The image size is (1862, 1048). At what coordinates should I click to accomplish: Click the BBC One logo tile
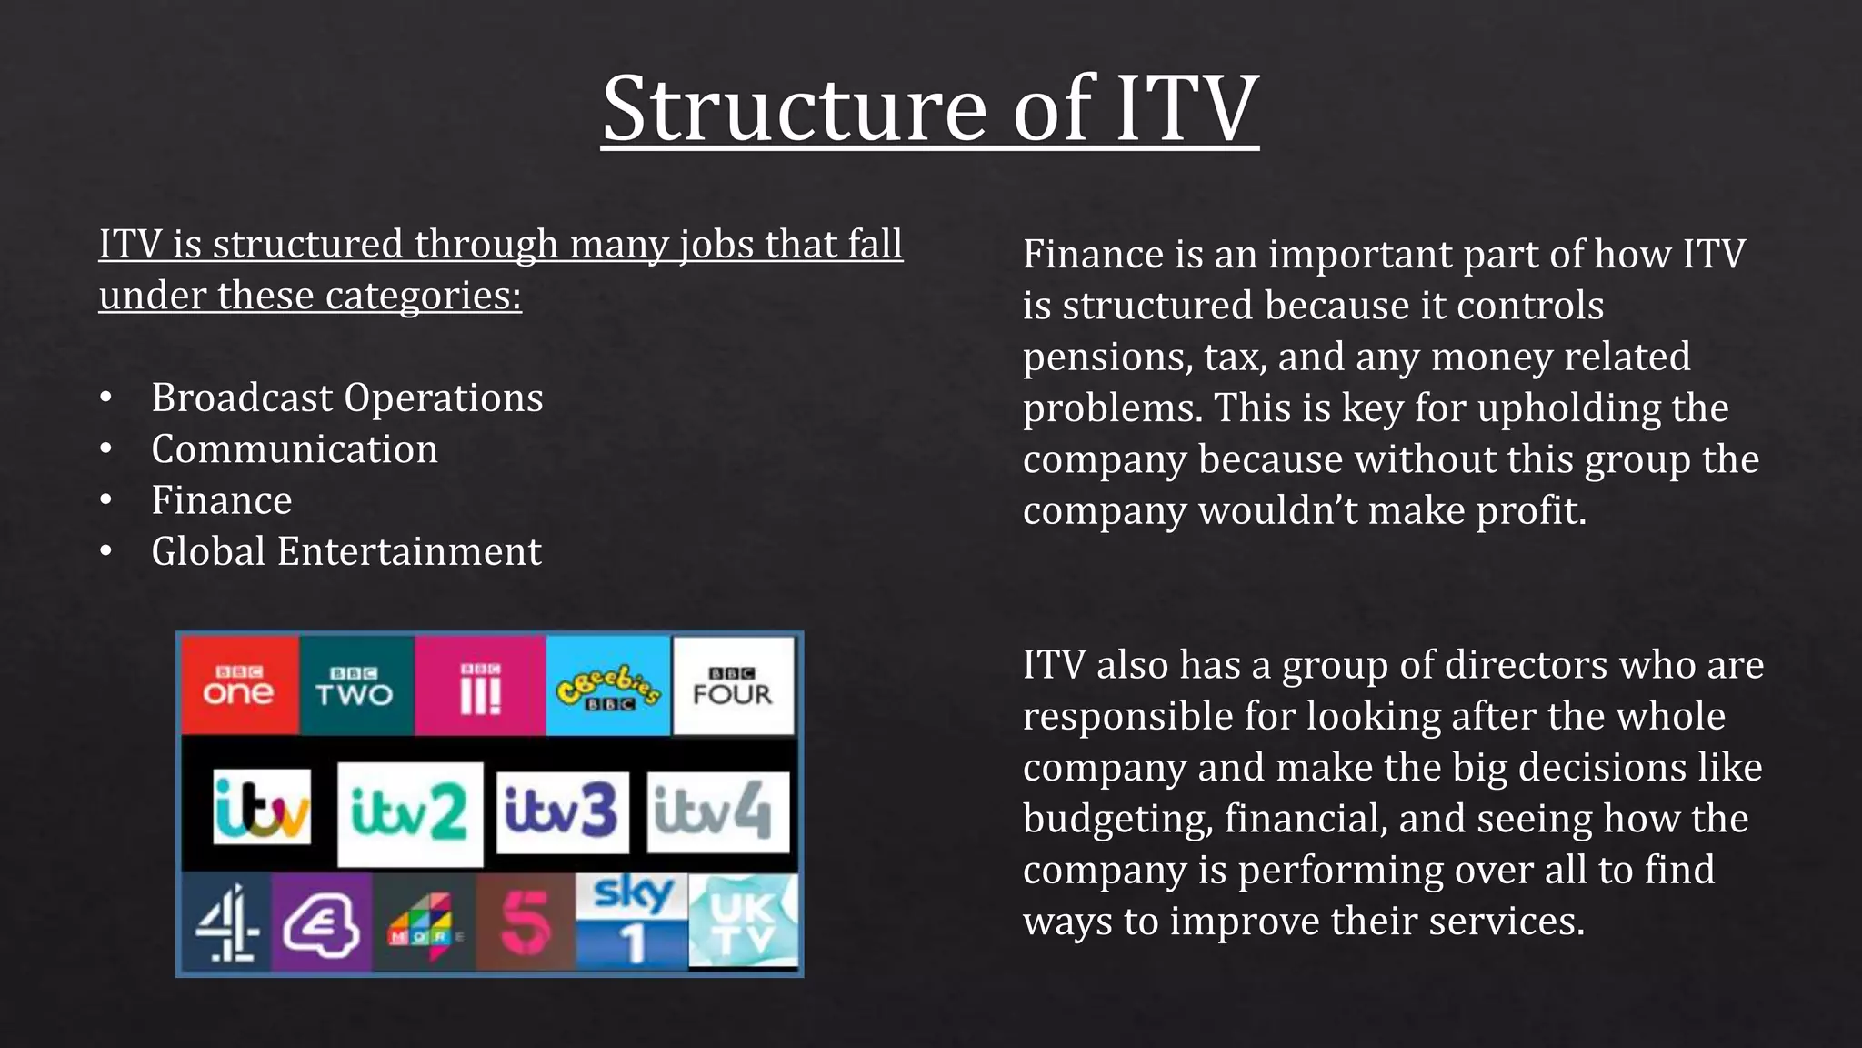click(x=239, y=685)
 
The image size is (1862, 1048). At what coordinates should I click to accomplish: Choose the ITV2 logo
click(x=409, y=812)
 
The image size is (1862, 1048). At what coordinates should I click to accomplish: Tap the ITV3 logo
click(x=562, y=811)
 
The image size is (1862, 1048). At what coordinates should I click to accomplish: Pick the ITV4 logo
click(x=716, y=811)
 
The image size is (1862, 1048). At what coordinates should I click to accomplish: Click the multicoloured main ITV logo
click(x=262, y=808)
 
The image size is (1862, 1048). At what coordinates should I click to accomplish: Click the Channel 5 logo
click(x=525, y=922)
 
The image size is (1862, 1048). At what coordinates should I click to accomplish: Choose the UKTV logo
click(x=744, y=921)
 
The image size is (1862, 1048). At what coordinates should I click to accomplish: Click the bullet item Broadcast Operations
click(x=347, y=398)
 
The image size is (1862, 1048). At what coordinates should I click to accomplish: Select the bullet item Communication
click(x=295, y=449)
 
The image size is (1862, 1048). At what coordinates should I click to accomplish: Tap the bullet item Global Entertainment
click(x=346, y=552)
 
